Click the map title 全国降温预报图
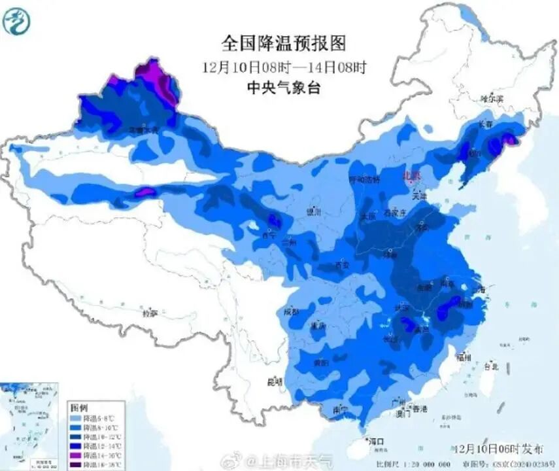coord(282,44)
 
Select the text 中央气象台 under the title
coord(282,88)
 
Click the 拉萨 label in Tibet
coord(150,313)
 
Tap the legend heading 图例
coord(78,407)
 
